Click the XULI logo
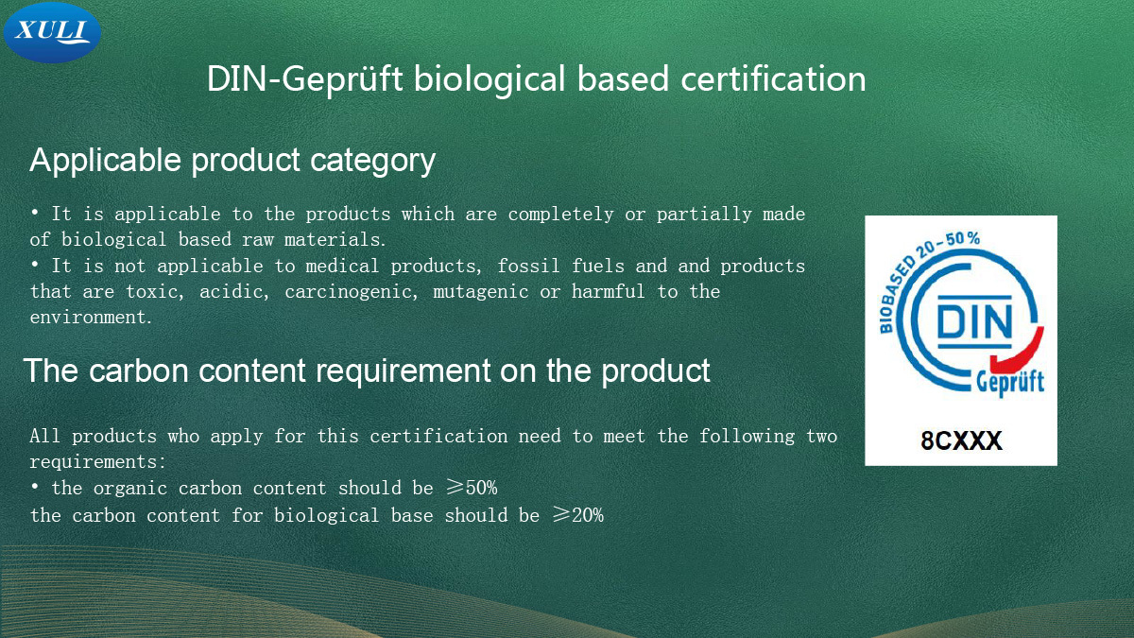(x=52, y=32)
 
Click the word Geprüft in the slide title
(x=342, y=80)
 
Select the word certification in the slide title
(x=773, y=79)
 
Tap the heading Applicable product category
(x=232, y=161)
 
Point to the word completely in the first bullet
(x=560, y=215)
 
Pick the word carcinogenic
(x=352, y=293)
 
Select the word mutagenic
(x=481, y=293)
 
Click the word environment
(x=89, y=318)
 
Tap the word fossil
(x=528, y=266)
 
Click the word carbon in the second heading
(x=139, y=371)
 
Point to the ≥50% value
(x=472, y=488)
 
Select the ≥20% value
(x=578, y=515)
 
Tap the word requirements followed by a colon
(x=97, y=462)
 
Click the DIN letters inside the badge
(x=974, y=321)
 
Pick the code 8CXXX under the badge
(x=961, y=440)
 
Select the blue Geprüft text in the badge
(x=1010, y=383)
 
